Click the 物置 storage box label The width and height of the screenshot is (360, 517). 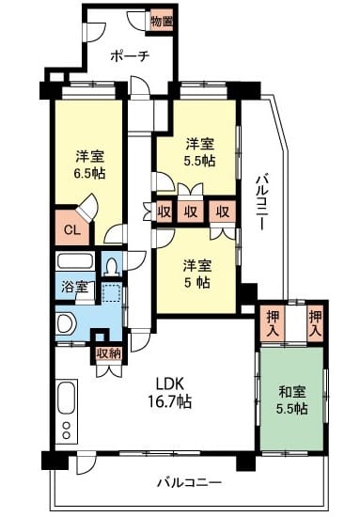162,22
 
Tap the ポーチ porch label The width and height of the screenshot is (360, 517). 130,56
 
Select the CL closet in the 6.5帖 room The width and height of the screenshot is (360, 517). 72,228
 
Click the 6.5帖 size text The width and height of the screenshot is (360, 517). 89,173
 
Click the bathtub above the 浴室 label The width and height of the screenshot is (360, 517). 75,262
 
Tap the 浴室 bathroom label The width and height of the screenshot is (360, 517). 75,288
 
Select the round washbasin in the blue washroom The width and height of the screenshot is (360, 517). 66,323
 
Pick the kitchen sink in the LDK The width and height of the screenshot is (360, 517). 67,398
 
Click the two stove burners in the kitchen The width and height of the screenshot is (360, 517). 67,430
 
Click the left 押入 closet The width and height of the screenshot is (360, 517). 273,323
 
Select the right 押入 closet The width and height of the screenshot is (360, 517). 315,323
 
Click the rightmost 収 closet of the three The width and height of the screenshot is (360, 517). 223,211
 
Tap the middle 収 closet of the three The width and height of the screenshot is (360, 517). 191,211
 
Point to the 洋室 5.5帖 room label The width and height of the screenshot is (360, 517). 200,152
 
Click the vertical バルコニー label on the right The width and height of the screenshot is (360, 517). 263,202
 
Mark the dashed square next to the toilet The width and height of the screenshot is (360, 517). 111,292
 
